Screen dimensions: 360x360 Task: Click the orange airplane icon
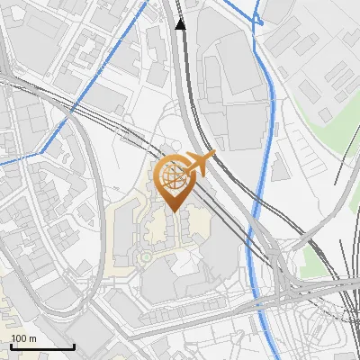pyautogui.click(x=201, y=165)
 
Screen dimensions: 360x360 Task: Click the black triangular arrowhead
pyautogui.click(x=181, y=23)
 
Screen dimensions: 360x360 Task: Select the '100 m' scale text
pyautogui.click(x=23, y=338)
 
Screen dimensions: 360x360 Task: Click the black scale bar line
pyautogui.click(x=42, y=346)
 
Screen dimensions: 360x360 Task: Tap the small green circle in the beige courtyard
pyautogui.click(x=145, y=258)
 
